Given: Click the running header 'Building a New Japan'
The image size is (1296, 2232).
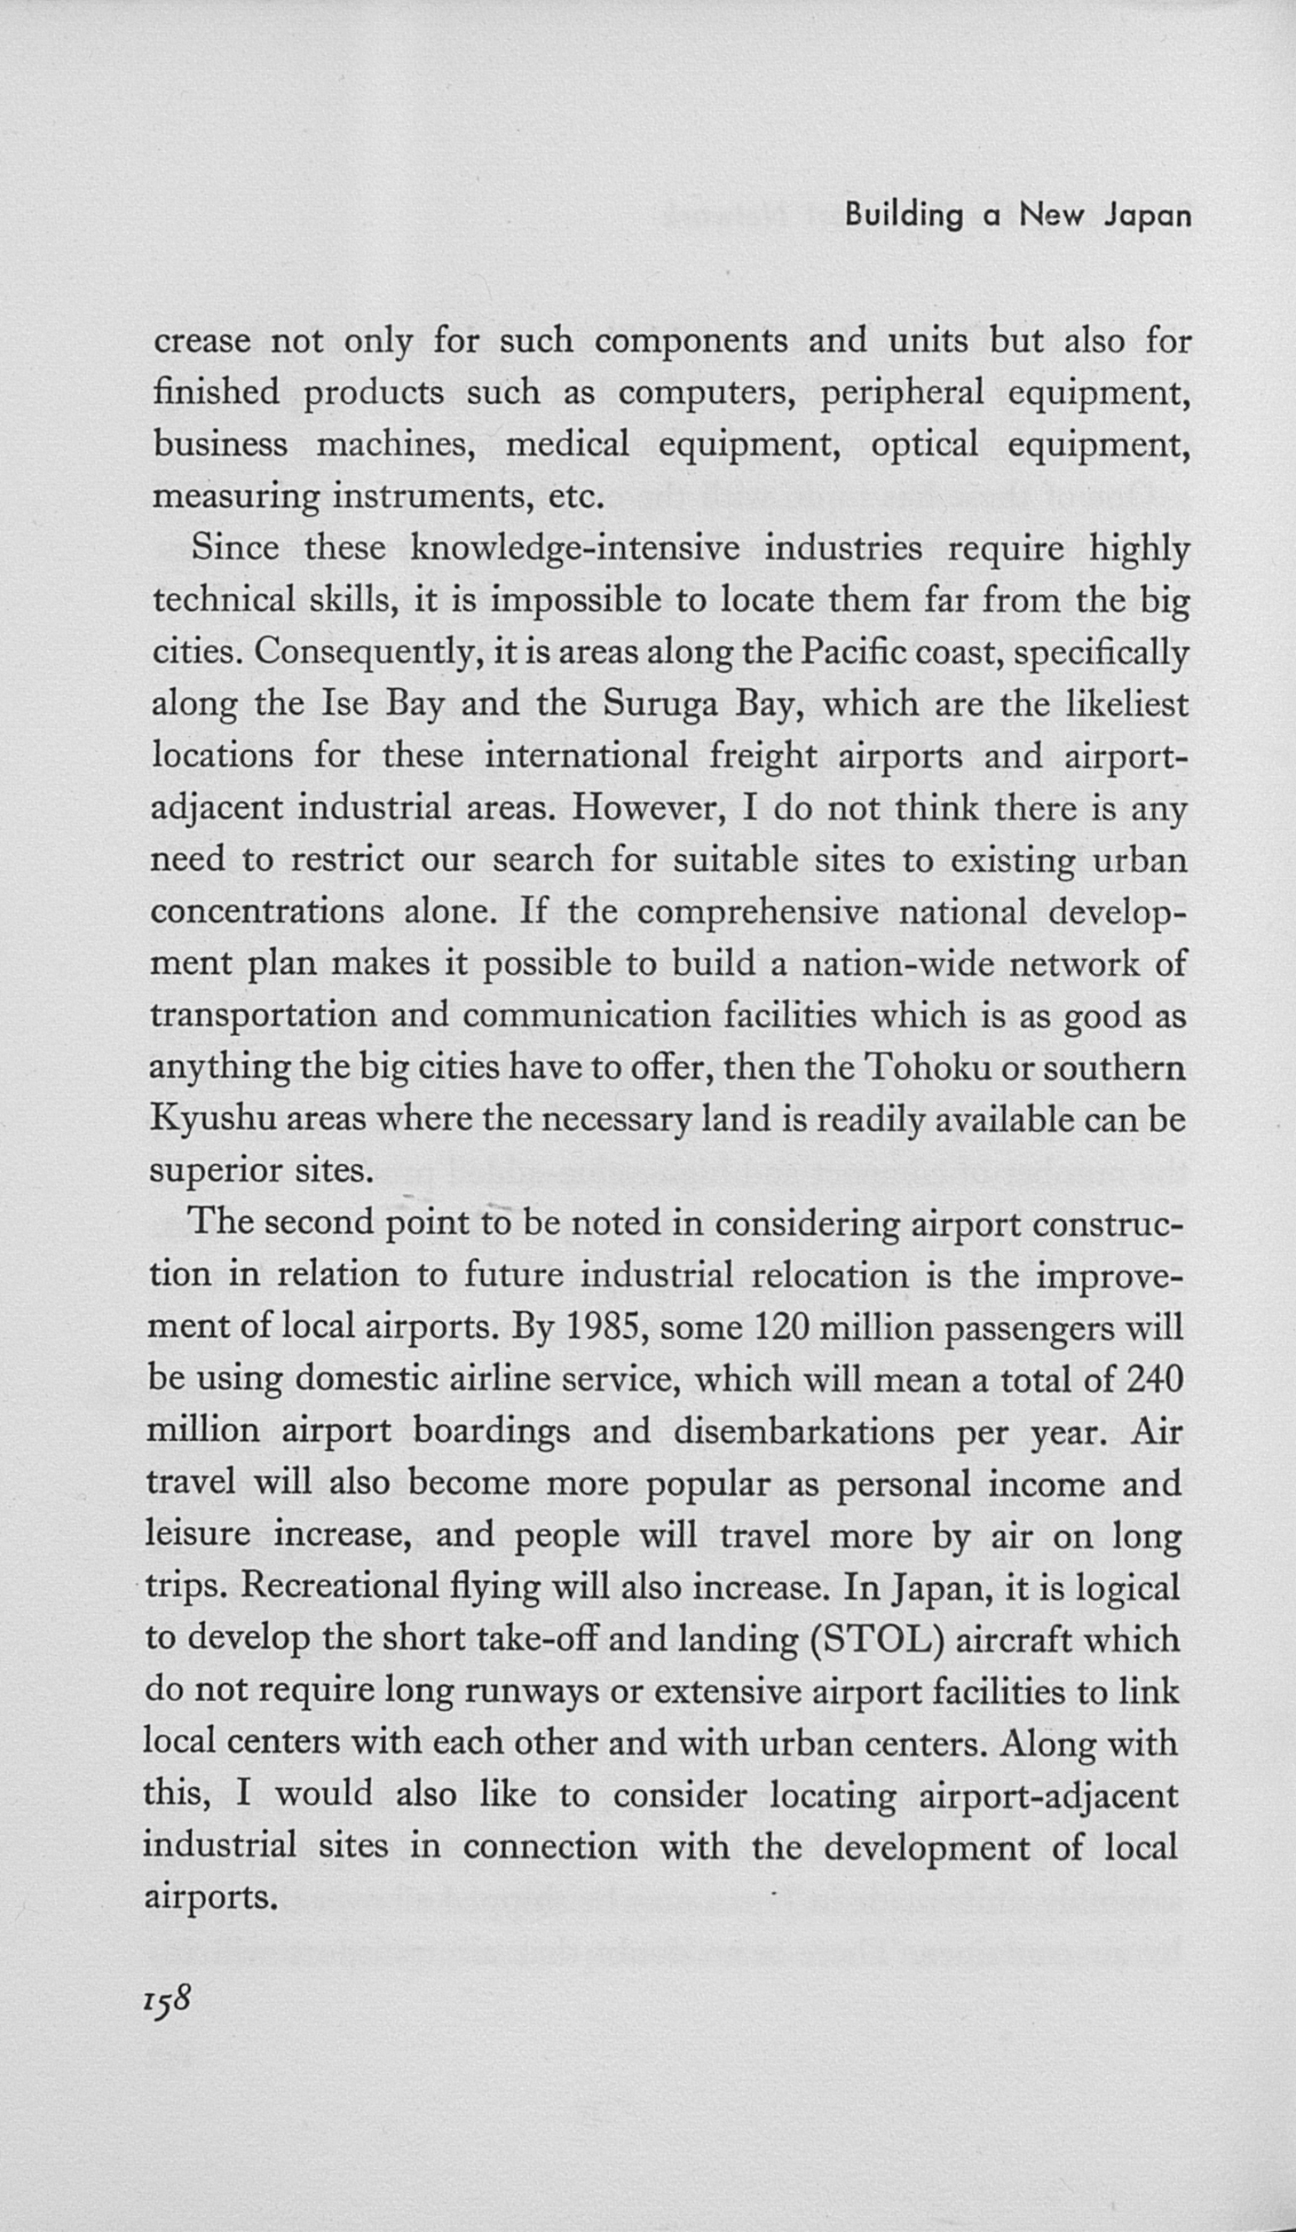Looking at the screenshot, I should pyautogui.click(x=1017, y=217).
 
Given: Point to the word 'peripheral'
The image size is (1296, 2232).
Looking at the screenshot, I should pyautogui.click(x=902, y=393).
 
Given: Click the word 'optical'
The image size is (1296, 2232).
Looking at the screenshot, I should pyautogui.click(x=924, y=445).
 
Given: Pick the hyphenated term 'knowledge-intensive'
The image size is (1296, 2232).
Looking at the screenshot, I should pyautogui.click(x=575, y=549).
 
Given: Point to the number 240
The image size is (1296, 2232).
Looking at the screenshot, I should pyautogui.click(x=1154, y=1379).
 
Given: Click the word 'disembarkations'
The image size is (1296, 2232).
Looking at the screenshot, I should pyautogui.click(x=804, y=1431).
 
